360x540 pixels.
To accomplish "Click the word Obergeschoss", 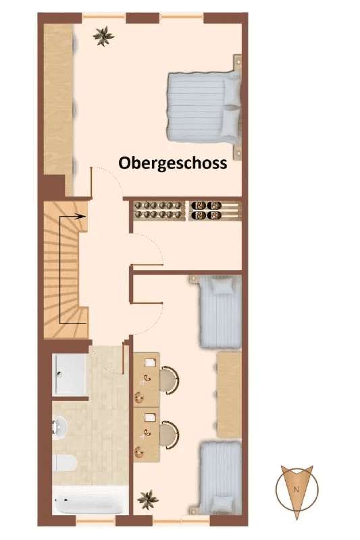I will coord(172,163).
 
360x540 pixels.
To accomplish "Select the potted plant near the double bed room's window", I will coord(103,36).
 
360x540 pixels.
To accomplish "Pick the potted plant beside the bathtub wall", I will coord(147,500).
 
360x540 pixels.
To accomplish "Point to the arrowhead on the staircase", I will coord(81,217).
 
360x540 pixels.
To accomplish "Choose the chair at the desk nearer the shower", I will coord(170,380).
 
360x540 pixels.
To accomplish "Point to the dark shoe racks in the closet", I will coord(208,210).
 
